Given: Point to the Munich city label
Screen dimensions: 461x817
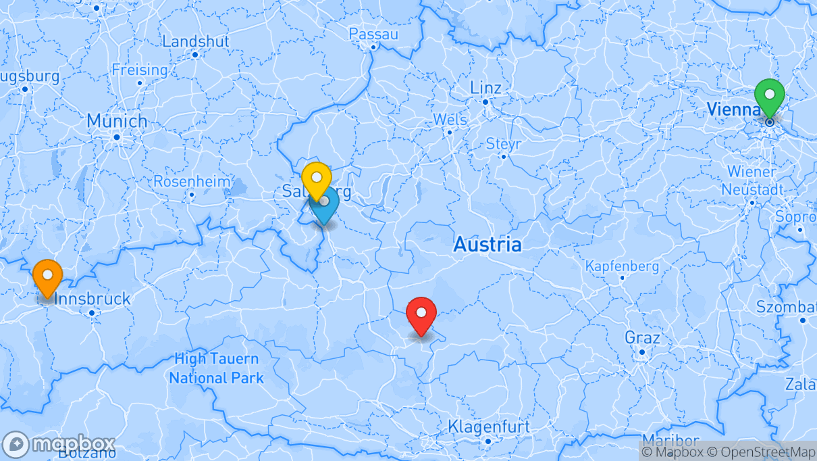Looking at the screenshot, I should pos(117,122).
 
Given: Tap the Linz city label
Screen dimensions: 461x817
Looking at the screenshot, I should pos(485,89).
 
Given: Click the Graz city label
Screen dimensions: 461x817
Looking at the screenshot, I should pos(642,337).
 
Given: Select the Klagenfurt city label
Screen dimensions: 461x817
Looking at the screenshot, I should pos(488,427).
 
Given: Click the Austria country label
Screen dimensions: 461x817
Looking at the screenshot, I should pos(487,245).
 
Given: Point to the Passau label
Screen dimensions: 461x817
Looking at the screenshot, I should pos(373,34).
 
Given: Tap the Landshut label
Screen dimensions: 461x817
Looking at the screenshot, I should pos(196,41).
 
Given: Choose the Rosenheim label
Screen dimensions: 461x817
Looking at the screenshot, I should pos(192,182).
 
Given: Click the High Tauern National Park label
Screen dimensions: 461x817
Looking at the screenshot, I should pos(216,368).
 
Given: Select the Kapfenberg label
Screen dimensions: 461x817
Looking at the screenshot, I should pos(622,266).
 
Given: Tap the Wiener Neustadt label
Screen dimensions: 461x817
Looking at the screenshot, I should pos(752,180).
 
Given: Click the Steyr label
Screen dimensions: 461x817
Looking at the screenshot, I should pos(504,144).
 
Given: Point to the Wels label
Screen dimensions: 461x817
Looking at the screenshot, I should pos(450,120).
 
